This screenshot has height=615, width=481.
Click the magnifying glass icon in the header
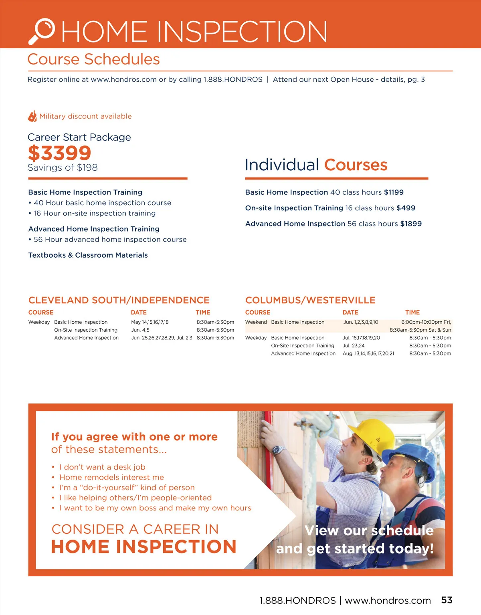tap(42, 31)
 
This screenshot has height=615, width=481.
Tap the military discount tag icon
tap(32, 116)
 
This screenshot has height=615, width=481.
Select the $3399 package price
tap(60, 153)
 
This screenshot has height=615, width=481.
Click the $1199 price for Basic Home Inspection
tap(394, 192)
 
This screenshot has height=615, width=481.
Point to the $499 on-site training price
tap(406, 208)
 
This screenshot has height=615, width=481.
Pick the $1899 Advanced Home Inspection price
tap(411, 224)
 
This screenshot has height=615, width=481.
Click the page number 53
tap(447, 600)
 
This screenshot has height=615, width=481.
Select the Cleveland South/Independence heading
tap(119, 300)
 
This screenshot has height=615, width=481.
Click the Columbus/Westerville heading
tap(310, 300)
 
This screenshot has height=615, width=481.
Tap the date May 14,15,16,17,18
tap(150, 322)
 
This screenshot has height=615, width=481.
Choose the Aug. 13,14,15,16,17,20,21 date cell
tap(368, 353)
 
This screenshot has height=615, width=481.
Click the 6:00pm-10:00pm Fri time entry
tap(426, 322)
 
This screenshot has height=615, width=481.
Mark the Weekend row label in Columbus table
tap(256, 322)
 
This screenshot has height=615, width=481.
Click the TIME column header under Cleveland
tap(203, 313)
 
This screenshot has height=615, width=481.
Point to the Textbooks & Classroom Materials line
tap(88, 255)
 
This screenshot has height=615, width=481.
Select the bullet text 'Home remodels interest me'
tap(111, 477)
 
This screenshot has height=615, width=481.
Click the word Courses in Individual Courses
tap(356, 165)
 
